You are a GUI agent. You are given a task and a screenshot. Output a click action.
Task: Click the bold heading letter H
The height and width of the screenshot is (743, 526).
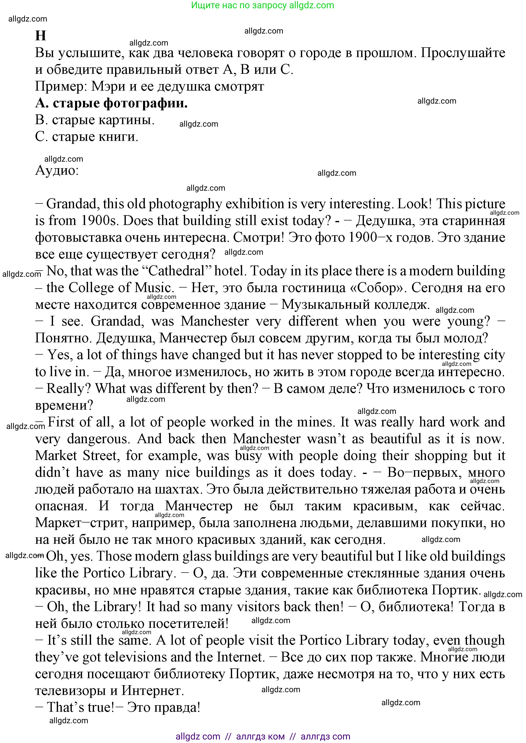coord(41,36)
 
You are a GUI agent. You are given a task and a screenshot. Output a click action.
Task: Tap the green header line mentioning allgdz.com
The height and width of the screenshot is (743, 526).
coord(262,5)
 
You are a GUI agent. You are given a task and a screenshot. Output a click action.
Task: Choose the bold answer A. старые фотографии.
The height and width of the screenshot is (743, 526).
coord(111,103)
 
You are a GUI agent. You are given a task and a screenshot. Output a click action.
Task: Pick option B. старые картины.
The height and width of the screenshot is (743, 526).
coord(95,120)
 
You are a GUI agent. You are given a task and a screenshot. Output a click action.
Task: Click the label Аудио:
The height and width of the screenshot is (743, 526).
coord(57,170)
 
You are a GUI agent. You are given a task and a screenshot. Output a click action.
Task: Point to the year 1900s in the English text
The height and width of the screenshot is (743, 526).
coord(99,221)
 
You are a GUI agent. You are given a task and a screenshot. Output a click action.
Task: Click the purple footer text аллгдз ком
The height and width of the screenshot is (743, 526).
coord(260,736)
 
